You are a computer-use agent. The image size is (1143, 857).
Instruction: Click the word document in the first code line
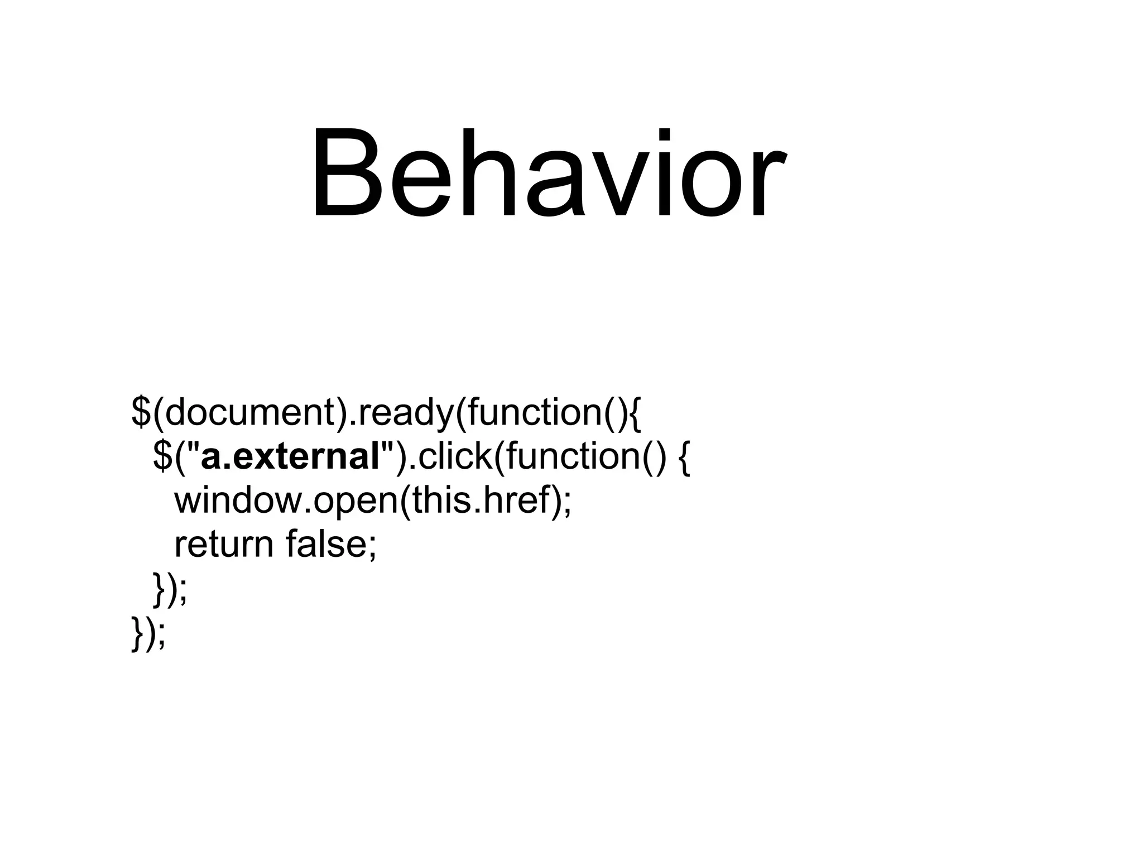[249, 412]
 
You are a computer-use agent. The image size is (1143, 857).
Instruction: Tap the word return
[224, 545]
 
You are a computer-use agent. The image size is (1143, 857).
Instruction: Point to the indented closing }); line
[170, 589]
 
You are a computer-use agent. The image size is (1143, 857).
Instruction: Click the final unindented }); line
[148, 633]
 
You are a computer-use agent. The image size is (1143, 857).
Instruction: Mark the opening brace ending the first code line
[636, 413]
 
